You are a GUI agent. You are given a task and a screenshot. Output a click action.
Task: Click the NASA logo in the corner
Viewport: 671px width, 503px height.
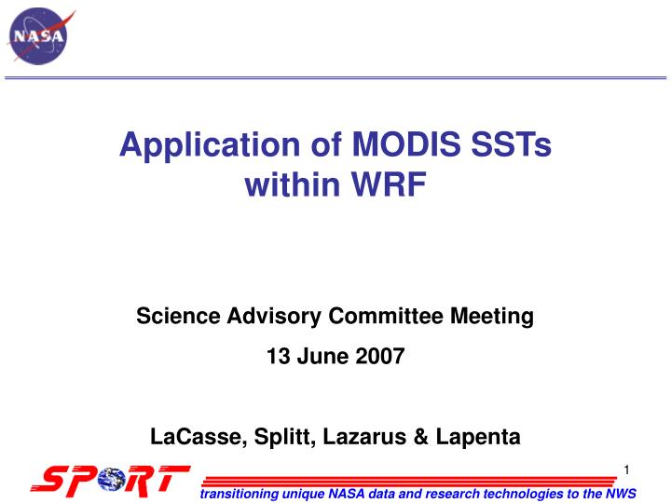click(x=38, y=36)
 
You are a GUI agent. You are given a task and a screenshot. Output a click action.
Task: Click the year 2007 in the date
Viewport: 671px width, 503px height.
click(x=380, y=356)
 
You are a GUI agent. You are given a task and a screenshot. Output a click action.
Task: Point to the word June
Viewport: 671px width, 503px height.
click(x=323, y=356)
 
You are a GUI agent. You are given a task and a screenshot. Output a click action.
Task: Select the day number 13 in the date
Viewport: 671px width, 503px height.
click(x=278, y=356)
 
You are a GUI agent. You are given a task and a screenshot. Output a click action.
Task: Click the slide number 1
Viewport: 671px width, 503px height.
click(x=627, y=468)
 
